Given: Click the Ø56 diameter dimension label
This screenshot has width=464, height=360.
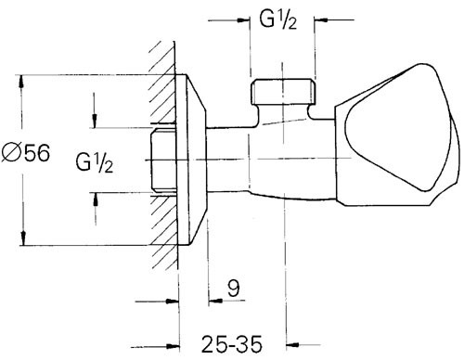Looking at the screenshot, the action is tap(25, 153).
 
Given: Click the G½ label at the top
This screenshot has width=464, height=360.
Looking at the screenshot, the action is tap(277, 20).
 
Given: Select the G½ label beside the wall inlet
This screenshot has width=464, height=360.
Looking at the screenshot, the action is tap(95, 162).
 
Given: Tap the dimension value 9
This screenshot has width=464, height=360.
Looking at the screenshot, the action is tap(234, 289).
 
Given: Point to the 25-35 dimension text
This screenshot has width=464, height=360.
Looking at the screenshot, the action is tap(232, 344).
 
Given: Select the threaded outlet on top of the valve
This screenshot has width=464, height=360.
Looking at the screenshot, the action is tap(283, 92).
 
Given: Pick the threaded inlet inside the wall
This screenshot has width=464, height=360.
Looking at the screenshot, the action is tap(163, 160).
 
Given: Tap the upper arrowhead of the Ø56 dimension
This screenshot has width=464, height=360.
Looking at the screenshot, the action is tap(21, 81).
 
